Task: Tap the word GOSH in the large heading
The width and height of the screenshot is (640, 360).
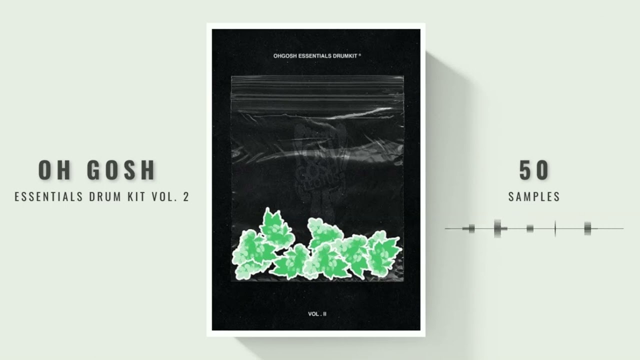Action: coord(121,171)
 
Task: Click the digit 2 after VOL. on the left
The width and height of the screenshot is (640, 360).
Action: coord(186,196)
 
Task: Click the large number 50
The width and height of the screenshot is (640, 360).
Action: coord(534,171)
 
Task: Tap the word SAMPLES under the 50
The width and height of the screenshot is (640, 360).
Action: coord(534,197)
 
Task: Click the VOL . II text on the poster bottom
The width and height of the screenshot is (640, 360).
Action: coord(317,314)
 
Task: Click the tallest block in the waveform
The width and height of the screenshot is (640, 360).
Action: coord(497,228)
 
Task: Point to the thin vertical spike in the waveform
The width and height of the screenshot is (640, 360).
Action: coord(555,228)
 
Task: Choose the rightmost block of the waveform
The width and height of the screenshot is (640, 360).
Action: coord(587,228)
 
